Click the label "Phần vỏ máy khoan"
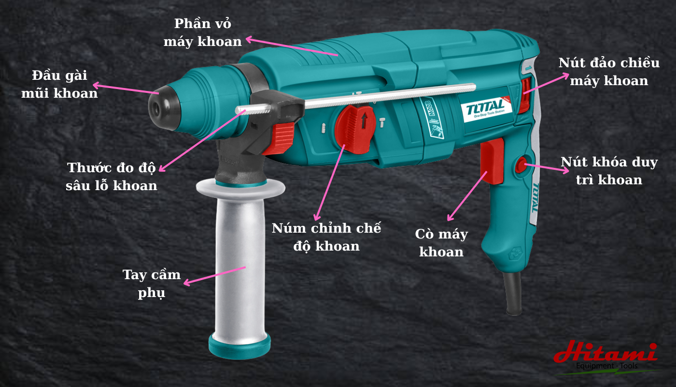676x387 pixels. point(202,33)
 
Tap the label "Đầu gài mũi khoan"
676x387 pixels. point(59,84)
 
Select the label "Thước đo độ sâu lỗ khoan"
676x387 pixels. point(112,177)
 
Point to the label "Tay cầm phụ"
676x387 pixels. point(152,283)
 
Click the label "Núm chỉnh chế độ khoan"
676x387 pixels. point(326,237)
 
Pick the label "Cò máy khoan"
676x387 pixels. point(441,243)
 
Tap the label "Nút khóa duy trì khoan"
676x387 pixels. point(609,171)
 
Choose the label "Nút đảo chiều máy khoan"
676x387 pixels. point(609,72)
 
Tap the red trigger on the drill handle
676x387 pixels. point(492,161)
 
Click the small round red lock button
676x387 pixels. point(521,165)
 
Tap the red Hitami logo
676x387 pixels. point(606,352)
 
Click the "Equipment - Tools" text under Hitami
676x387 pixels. point(606,366)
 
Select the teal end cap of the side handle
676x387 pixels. point(239,346)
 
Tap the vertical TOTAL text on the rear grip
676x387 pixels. point(535,197)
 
